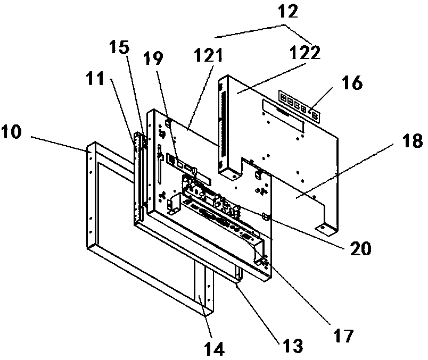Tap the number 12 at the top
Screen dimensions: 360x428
click(286, 11)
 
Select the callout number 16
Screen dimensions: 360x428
click(350, 83)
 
